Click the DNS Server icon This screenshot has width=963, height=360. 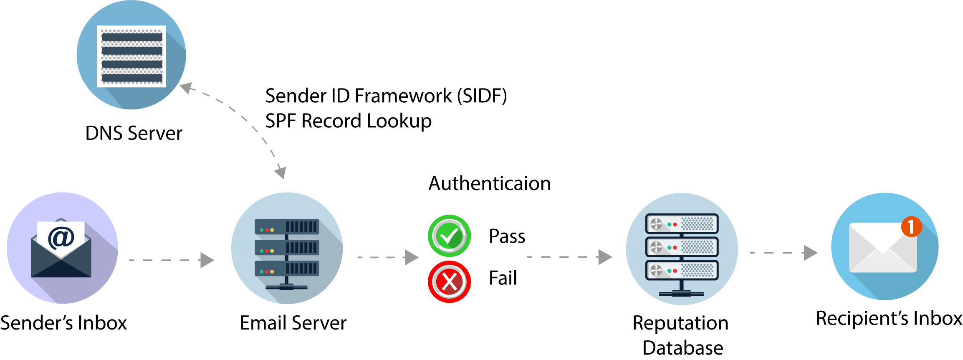coord(131,55)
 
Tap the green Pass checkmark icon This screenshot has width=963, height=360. coord(449,236)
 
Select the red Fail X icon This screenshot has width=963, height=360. coord(449,282)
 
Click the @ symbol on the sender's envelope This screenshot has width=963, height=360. coord(61,238)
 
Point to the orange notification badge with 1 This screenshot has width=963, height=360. coord(911,227)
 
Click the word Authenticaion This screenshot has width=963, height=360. coord(490,184)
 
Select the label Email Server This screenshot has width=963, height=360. coord(293,323)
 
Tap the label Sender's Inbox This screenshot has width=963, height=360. coord(63,323)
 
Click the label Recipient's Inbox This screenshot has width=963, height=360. coord(889,319)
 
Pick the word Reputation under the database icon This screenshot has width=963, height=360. coord(680,323)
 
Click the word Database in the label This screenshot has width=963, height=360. coord(682,348)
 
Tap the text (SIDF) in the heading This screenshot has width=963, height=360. coord(482,96)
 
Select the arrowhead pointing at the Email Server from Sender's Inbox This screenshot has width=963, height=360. coord(207,260)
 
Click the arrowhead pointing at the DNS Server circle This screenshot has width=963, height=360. coord(186,88)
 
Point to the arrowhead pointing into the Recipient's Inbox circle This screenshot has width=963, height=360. coord(810,252)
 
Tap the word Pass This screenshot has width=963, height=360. coord(507,236)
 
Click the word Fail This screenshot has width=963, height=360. coord(503,278)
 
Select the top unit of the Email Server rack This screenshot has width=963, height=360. coord(287,227)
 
